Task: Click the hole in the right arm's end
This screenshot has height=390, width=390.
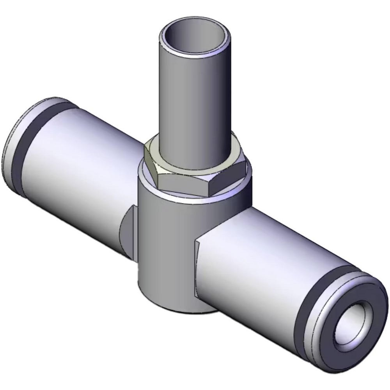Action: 353,324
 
